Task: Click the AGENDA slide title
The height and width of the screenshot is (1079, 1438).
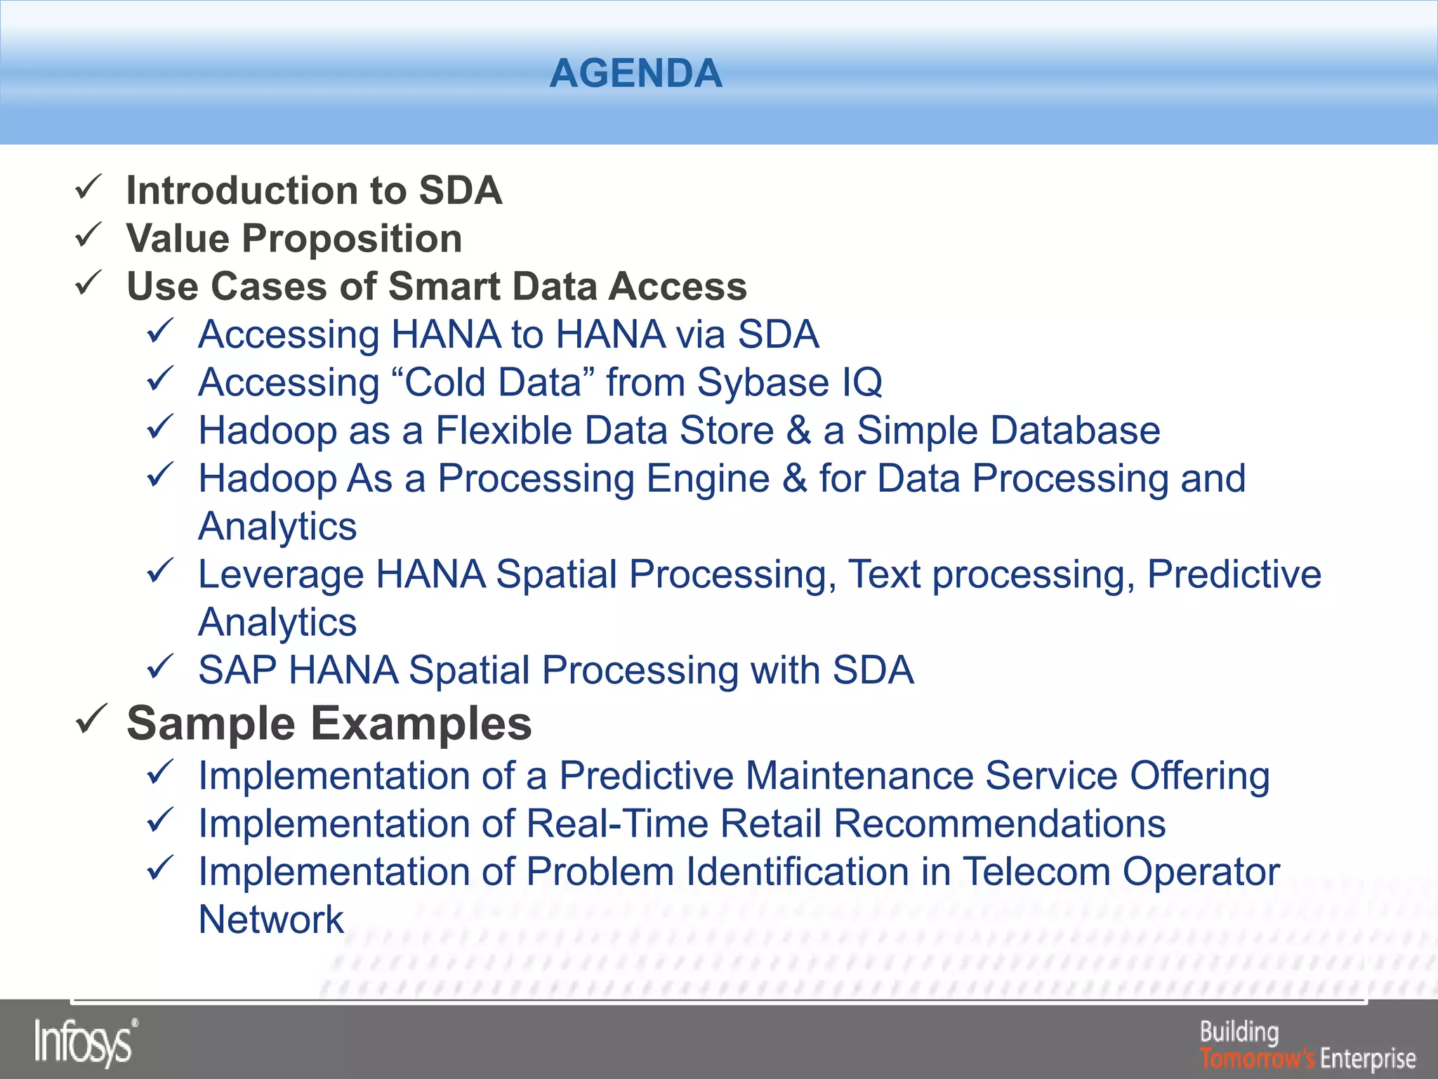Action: pos(635,73)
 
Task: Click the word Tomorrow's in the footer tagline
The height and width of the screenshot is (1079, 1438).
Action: pos(1257,1058)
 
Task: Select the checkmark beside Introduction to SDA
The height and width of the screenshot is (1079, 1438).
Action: pos(89,188)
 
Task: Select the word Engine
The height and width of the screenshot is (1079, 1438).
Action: pos(708,479)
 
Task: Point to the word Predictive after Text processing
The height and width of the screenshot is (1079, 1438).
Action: pos(1234,574)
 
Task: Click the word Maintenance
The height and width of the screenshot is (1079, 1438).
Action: pos(859,776)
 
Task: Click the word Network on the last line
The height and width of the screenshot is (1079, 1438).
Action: pos(271,920)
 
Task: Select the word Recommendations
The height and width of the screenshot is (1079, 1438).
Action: pos(999,824)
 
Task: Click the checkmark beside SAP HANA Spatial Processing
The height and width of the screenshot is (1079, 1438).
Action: pos(161,667)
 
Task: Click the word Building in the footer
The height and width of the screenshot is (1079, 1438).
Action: pos(1239,1032)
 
